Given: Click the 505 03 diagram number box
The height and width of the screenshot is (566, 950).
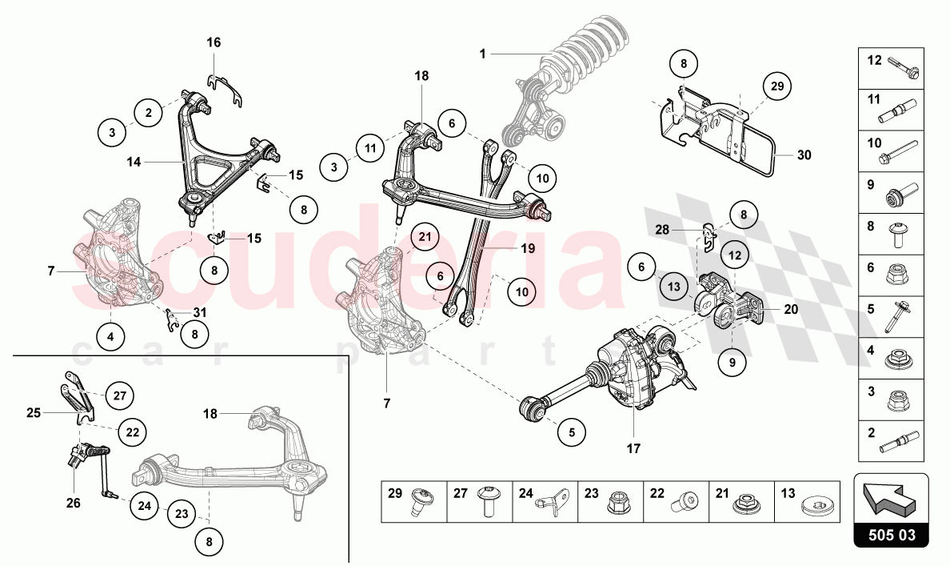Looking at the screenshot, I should [892, 534].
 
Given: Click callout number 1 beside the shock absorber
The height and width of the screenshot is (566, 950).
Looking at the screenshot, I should [483, 54].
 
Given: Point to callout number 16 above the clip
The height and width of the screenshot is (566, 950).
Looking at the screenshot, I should [214, 42].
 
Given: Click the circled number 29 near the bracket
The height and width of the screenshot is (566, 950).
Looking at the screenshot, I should [775, 86].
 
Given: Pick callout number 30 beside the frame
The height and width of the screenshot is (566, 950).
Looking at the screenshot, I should [804, 155].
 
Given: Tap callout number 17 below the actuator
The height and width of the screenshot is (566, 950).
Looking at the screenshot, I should [633, 449].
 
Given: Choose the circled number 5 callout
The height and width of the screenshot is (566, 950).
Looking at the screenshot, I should [572, 432].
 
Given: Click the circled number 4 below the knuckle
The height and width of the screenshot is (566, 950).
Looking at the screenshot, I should [110, 337].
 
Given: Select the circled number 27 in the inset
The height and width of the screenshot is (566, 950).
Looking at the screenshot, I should [119, 395].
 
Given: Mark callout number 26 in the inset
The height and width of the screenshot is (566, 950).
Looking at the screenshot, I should [74, 504].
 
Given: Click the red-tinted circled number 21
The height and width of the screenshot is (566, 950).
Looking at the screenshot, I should [425, 236].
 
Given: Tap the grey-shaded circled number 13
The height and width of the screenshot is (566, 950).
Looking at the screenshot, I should [673, 286].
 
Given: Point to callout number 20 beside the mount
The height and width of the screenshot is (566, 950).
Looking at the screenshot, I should [791, 309].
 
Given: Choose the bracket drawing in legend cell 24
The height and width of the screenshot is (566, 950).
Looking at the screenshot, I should [553, 501].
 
